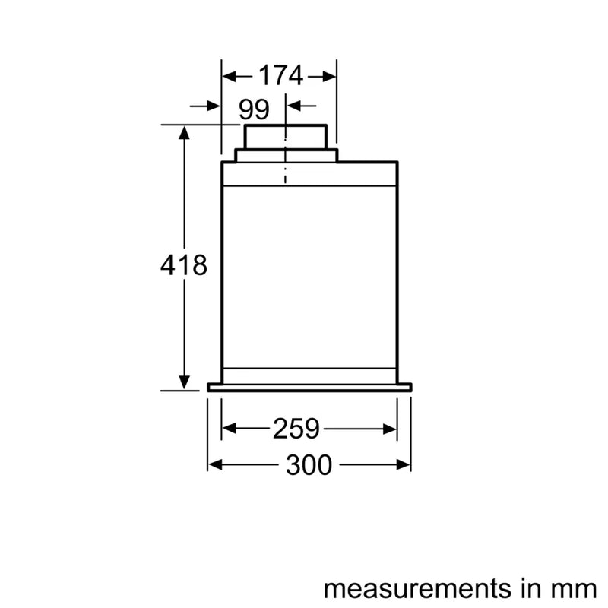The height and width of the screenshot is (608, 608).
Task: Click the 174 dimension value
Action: (280, 76)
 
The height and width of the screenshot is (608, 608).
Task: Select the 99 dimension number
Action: (254, 109)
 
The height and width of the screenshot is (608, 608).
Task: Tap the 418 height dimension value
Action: (184, 266)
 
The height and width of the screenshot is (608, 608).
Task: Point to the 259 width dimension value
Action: (296, 429)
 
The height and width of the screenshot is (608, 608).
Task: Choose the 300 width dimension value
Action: (309, 464)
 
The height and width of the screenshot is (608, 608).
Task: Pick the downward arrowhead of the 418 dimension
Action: (184, 381)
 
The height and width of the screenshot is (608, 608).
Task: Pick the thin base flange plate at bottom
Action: (309, 387)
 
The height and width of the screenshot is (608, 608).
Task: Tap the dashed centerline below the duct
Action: (286, 171)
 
